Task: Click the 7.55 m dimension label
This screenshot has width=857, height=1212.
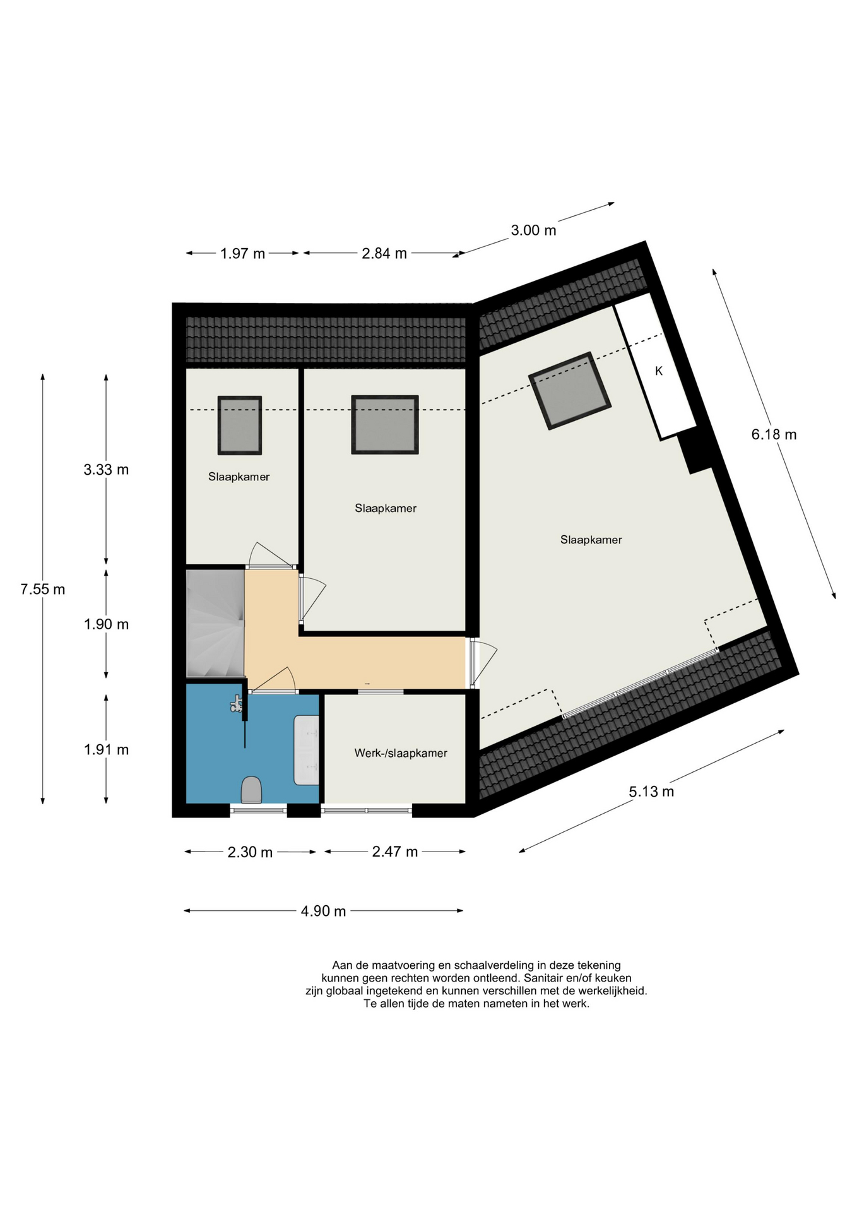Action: point(43,589)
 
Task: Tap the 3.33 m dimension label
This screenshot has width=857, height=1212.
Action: point(106,470)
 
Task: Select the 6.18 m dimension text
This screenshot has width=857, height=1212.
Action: point(774,434)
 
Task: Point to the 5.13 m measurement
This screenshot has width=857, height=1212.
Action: point(651,792)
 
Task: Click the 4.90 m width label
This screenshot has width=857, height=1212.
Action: point(323,911)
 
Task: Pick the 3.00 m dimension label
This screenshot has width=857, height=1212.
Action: point(533,230)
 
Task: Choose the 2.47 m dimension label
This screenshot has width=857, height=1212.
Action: point(395,852)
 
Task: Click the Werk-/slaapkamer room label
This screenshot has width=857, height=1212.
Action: point(401,753)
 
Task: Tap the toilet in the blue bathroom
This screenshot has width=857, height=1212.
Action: point(252,790)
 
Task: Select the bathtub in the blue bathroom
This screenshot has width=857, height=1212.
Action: point(307,750)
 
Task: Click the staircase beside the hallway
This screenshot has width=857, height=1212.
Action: point(215,624)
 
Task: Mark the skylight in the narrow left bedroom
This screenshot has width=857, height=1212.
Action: point(240,425)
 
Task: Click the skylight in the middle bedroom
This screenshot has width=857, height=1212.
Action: point(385,425)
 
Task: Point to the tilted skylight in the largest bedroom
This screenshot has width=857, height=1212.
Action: point(570,391)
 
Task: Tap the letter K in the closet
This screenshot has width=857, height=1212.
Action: point(659,371)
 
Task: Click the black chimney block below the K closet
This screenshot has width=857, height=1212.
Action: point(698,451)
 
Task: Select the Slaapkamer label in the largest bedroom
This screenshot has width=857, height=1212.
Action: point(591,540)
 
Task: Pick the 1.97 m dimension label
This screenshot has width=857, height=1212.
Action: point(243,254)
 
